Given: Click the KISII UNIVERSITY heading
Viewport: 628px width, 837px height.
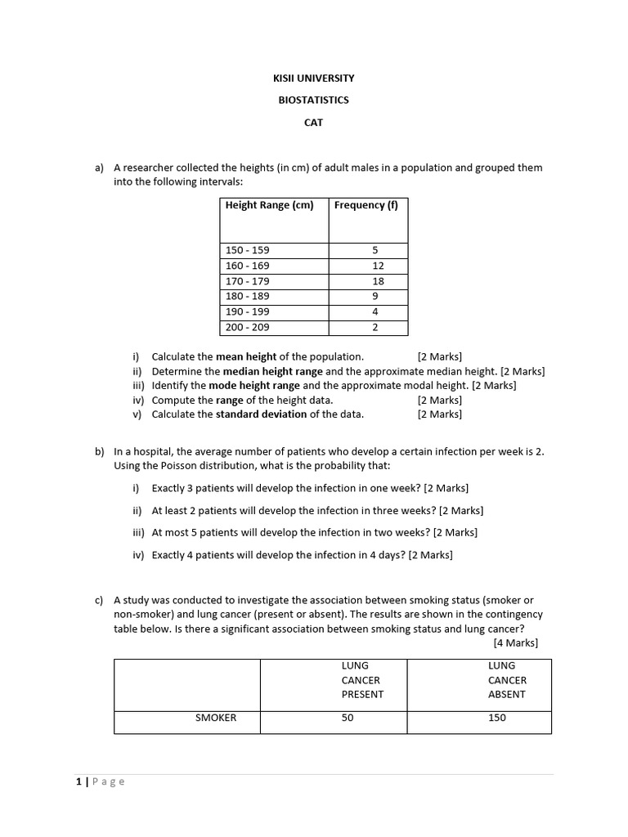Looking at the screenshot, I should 314,78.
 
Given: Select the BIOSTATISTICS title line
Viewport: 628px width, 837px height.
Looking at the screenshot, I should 314,100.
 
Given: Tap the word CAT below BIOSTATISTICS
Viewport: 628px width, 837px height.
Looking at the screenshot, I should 314,122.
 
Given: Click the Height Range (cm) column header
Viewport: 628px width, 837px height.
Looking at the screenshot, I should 269,206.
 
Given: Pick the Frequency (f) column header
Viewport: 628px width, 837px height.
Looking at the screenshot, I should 366,206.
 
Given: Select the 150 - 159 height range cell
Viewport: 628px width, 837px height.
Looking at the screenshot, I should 247,250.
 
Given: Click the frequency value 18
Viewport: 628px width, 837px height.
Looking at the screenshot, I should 378,281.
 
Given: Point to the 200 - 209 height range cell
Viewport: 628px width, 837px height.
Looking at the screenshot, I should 247,328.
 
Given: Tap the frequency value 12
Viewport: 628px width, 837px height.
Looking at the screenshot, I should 378,266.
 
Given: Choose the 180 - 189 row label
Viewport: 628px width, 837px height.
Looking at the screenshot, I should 247,297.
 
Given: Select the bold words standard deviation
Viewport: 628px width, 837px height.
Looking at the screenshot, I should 261,414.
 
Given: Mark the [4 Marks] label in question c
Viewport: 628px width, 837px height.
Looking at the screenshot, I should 515,642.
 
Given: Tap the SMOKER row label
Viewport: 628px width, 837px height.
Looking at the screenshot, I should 216,718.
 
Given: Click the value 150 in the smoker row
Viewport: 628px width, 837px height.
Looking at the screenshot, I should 496,718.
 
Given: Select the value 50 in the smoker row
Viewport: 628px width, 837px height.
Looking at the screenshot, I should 348,718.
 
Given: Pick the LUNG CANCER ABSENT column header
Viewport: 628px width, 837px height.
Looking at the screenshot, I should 507,680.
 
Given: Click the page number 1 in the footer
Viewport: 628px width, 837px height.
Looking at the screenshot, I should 79,781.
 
